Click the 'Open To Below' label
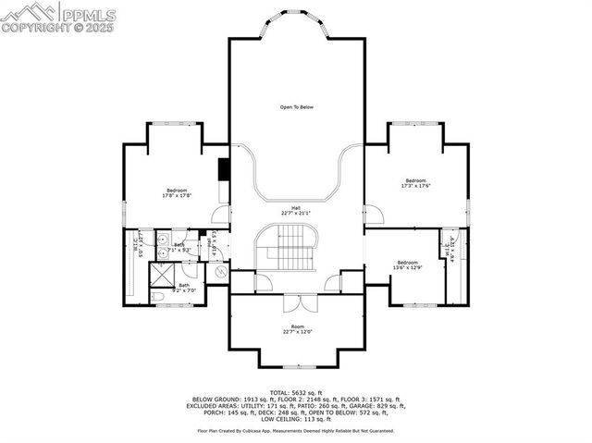(297, 107)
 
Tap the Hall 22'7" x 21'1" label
(296, 210)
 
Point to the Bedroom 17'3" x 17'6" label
(415, 183)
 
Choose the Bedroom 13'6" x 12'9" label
(408, 265)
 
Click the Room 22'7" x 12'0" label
(297, 329)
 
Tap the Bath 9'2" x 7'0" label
(184, 288)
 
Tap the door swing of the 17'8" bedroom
(220, 215)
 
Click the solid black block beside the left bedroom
(223, 170)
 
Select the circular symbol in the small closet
(219, 274)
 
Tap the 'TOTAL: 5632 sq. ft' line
(296, 392)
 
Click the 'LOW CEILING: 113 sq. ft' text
(296, 420)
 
